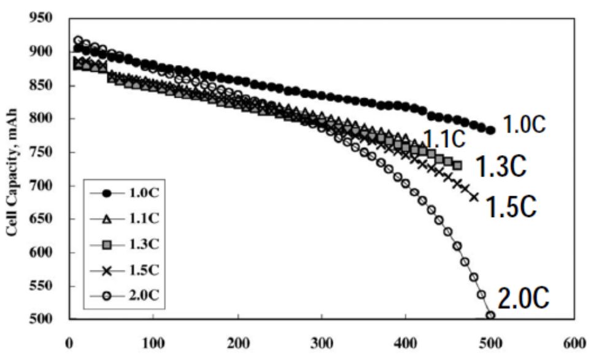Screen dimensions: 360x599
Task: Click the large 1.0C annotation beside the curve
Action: coord(524,125)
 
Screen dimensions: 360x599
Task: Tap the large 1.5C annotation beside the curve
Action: coord(511,207)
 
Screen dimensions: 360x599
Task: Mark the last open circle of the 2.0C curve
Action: coord(490,316)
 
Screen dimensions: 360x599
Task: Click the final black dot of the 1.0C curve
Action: coord(490,130)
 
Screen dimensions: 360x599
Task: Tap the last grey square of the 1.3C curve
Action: coord(458,166)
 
